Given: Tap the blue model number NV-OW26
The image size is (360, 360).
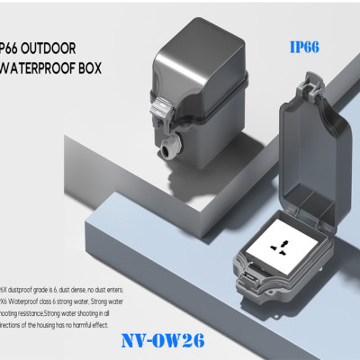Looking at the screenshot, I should click(x=163, y=343).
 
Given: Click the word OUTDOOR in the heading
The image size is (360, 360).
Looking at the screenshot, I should click(x=54, y=47).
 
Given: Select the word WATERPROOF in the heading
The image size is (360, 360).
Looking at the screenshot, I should click(x=49, y=68).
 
